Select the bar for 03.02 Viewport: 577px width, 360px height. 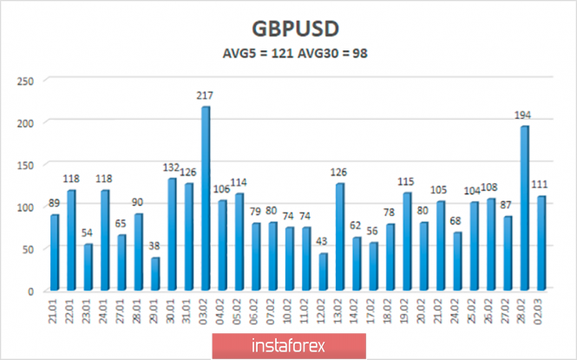pyautogui.click(x=205, y=199)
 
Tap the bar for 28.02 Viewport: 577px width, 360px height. pyautogui.click(x=524, y=208)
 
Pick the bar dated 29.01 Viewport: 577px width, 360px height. pyautogui.click(x=154, y=274)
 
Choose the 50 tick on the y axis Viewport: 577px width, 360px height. pyautogui.click(x=28, y=249)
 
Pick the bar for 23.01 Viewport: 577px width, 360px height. pyautogui.click(x=88, y=267)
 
